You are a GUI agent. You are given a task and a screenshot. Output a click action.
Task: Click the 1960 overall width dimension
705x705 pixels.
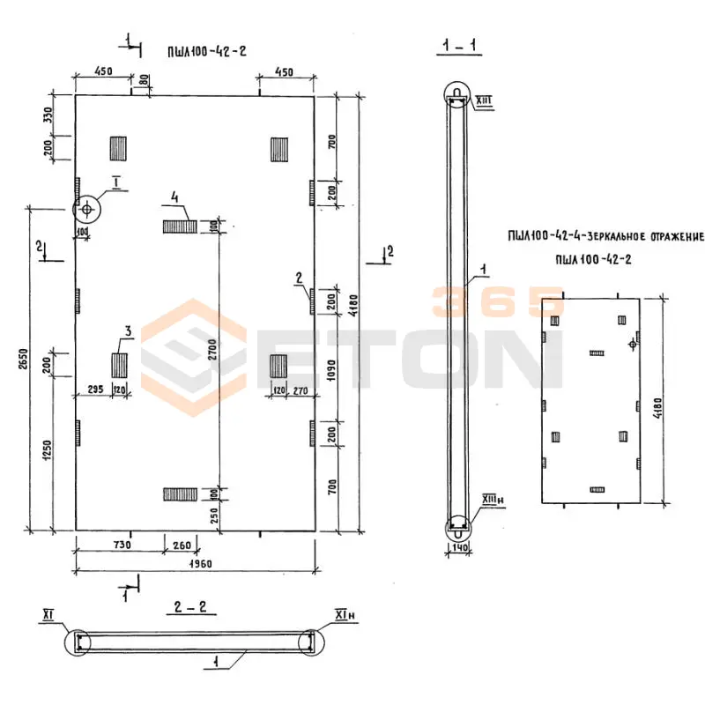pos(195,563)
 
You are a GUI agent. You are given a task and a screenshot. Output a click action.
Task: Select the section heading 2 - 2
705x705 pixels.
pos(192,606)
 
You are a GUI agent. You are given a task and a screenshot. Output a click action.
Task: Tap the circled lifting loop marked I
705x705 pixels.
pos(87,210)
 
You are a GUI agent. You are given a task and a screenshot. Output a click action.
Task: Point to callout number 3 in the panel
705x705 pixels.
pos(128,331)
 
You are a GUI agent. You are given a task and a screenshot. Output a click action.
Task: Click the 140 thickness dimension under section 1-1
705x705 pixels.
pos(458,547)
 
